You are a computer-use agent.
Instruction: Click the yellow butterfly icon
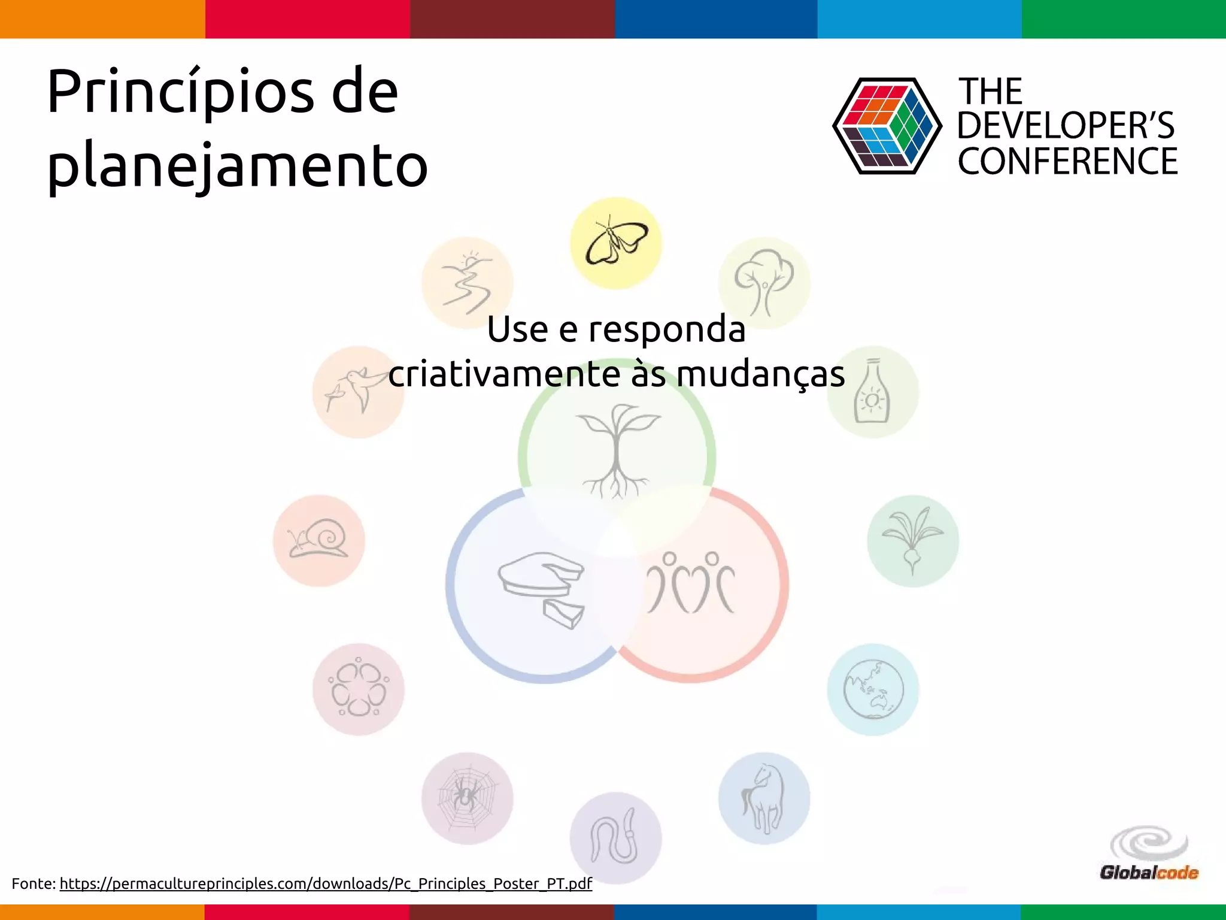[x=615, y=243]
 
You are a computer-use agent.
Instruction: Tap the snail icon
[x=319, y=540]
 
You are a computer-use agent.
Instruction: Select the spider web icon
[x=467, y=798]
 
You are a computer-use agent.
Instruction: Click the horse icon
[x=764, y=798]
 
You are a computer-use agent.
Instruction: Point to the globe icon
[x=873, y=689]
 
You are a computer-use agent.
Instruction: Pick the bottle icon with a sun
[x=873, y=392]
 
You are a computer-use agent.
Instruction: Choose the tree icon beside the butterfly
[x=764, y=283]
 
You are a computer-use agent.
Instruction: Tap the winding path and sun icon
[x=467, y=283]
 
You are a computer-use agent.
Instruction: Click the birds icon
[x=358, y=392]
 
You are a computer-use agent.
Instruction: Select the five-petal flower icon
[x=358, y=689]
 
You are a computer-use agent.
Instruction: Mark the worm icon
[x=615, y=838]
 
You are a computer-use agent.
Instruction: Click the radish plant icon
[x=912, y=540]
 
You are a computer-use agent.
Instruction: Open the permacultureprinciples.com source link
[x=326, y=883]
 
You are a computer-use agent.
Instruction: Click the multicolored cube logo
[x=887, y=126]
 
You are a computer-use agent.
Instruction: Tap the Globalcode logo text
[x=1149, y=872]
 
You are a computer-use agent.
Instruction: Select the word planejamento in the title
[x=237, y=165]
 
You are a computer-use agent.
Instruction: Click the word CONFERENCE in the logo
[x=1067, y=161]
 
